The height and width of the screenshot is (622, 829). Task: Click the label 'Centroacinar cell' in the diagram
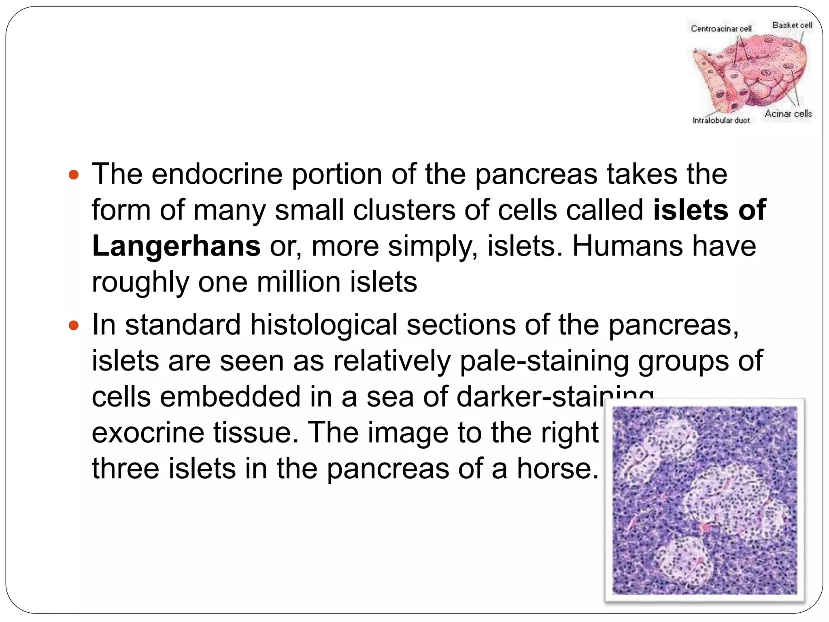click(721, 29)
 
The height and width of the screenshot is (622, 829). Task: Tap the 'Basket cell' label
click(792, 25)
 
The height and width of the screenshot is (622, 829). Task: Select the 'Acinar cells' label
click(788, 114)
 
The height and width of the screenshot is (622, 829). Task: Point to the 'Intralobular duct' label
click(721, 120)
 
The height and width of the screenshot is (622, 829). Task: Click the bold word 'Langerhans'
click(176, 246)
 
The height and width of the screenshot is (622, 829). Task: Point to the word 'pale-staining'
click(544, 360)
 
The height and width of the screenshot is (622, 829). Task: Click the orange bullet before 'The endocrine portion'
click(74, 175)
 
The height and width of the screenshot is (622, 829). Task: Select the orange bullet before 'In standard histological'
click(74, 326)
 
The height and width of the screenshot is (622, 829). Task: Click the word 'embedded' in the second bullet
click(230, 396)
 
